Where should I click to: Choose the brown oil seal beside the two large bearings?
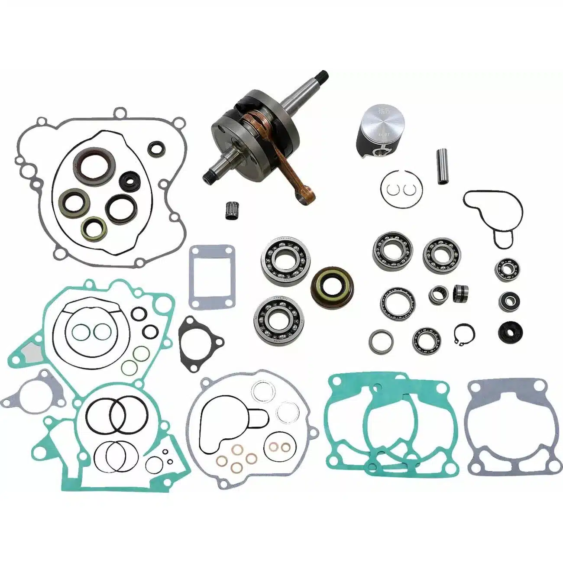[x=332, y=285]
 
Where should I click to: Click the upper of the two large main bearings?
[x=282, y=263]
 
